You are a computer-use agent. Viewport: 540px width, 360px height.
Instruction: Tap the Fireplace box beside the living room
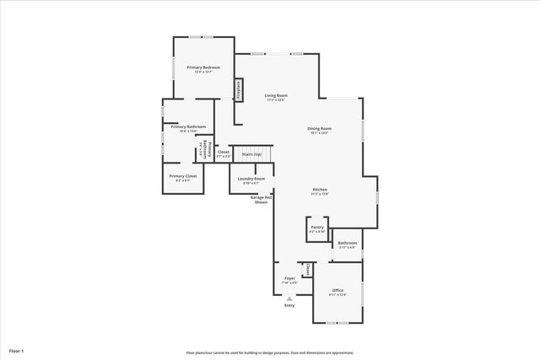click(x=240, y=90)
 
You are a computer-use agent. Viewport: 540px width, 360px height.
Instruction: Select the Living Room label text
click(x=276, y=97)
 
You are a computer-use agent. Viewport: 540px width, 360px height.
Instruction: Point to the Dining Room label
click(x=319, y=130)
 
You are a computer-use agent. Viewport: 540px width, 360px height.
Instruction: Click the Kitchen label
click(x=320, y=191)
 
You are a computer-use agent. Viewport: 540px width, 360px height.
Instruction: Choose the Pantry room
click(x=317, y=228)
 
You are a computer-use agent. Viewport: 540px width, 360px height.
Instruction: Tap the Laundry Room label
click(x=251, y=180)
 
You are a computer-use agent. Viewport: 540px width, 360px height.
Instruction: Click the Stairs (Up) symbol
click(x=252, y=154)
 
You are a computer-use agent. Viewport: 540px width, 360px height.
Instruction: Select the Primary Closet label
click(x=183, y=178)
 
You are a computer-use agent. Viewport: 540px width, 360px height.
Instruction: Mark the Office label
click(x=337, y=292)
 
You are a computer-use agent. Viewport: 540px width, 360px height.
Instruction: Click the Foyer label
click(x=289, y=278)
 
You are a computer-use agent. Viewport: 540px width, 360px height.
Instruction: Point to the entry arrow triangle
click(x=289, y=298)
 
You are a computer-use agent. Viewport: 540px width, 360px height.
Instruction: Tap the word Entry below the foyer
click(x=289, y=305)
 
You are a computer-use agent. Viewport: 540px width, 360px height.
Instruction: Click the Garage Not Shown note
click(x=262, y=201)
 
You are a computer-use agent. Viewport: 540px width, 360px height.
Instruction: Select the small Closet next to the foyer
click(x=308, y=270)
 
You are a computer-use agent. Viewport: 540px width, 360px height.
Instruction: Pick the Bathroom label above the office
click(x=348, y=244)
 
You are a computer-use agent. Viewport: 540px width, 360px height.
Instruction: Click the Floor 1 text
click(x=16, y=350)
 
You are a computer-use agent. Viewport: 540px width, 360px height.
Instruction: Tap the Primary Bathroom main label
click(x=188, y=128)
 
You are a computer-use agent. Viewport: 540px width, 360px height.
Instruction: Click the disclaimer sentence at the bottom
click(x=270, y=352)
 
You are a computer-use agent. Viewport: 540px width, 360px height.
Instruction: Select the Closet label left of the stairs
click(x=223, y=153)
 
